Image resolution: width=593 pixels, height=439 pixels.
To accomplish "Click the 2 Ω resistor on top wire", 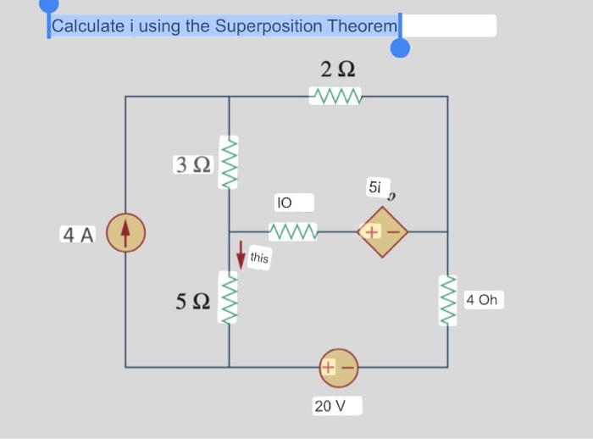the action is click(337, 97).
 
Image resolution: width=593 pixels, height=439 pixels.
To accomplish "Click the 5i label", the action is click(375, 187).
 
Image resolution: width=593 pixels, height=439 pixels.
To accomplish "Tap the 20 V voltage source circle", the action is click(339, 367).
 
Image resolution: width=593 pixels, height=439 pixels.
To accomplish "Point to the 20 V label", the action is click(330, 406).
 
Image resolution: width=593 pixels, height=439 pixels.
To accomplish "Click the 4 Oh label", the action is click(485, 300).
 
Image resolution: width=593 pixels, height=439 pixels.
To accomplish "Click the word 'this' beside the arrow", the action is click(260, 258).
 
